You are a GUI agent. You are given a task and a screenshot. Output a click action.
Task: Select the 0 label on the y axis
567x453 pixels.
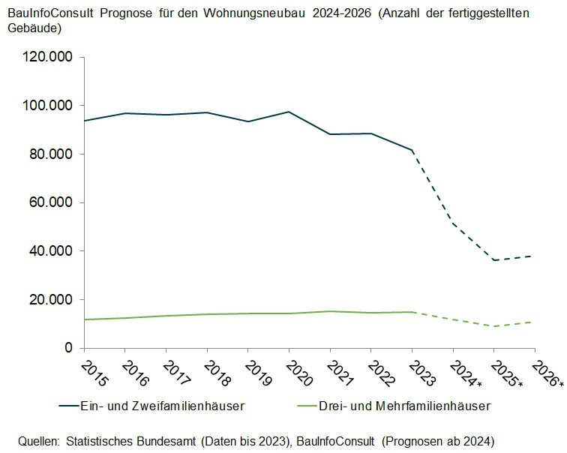point(68,348)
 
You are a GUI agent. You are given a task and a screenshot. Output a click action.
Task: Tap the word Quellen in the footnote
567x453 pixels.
point(39,439)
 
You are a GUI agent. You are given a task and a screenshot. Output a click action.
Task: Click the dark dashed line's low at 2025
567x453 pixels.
point(494,260)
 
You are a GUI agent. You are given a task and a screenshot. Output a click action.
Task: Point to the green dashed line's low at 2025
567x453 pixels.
point(494,326)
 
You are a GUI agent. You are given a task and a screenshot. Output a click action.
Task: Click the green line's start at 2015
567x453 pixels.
point(85,319)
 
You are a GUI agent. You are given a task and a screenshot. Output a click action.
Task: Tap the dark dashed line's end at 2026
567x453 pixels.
point(534,256)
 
